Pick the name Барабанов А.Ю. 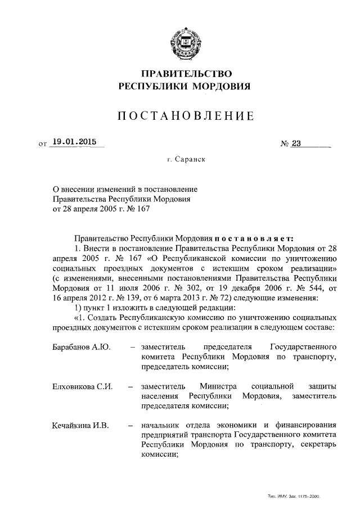coord(78,346)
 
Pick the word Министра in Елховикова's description coord(218,387)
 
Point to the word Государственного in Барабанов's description coord(304,346)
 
